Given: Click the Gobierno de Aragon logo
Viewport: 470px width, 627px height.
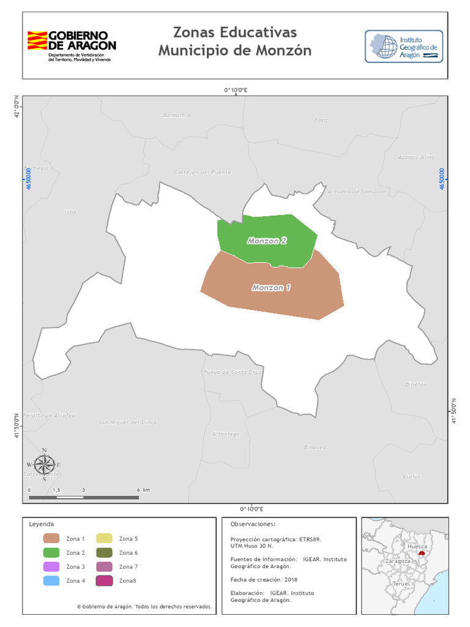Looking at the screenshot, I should point(71,45).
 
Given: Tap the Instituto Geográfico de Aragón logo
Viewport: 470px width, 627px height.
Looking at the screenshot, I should point(403,46).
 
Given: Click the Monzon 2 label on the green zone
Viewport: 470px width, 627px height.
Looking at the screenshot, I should point(267,241).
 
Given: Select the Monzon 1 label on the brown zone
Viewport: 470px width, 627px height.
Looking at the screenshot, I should point(271,287).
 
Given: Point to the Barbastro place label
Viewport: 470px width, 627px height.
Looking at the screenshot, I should point(177,115).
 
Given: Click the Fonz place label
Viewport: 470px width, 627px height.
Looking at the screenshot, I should point(321,119).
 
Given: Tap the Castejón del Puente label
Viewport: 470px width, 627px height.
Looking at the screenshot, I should point(203,172).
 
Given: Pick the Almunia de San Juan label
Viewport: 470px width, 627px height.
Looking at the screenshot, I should point(357,192).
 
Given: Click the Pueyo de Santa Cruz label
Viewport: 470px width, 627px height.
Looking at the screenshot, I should point(233,372).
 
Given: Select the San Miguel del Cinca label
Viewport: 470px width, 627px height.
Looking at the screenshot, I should point(127,422).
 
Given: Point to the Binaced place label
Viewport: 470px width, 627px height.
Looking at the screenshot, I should point(315,447).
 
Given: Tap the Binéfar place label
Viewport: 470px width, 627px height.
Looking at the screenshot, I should point(416,384).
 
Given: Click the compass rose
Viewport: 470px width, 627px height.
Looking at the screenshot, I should point(44,465).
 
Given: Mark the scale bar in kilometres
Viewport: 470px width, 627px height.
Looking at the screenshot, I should point(84,497).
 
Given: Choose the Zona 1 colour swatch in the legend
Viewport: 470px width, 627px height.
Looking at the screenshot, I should point(51,539).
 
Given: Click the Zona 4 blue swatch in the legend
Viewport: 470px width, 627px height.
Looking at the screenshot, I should point(51,580).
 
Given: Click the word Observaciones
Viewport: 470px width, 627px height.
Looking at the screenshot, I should point(253,524).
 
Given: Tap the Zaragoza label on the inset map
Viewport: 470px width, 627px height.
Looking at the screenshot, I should point(398,561).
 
